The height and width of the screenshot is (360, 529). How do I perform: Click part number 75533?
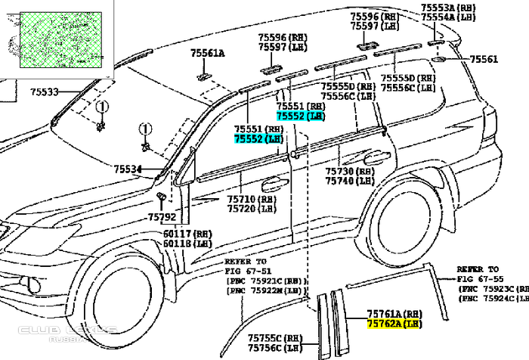(45, 92)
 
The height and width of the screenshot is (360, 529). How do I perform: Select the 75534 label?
(128, 169)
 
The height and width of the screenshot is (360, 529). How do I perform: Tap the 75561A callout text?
(208, 54)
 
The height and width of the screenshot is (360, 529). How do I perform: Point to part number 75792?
(162, 216)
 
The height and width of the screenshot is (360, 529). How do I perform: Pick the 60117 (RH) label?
(187, 234)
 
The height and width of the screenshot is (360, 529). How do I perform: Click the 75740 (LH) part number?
(350, 182)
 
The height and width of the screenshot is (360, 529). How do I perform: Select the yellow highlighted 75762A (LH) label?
(393, 323)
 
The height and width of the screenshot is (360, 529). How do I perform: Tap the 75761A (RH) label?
(393, 313)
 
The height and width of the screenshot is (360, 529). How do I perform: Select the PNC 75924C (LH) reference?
(489, 298)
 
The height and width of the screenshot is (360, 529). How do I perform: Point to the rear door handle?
(373, 158)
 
